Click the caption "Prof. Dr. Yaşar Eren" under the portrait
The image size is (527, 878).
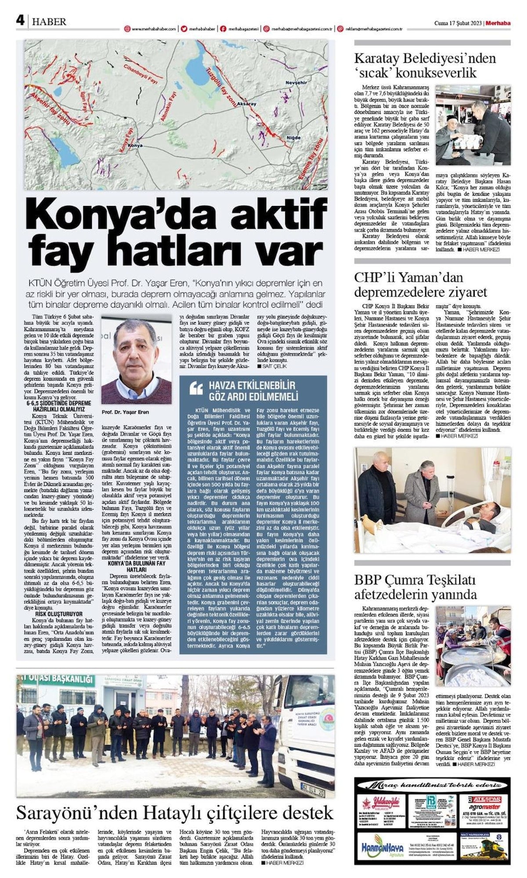[x=125, y=412]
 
